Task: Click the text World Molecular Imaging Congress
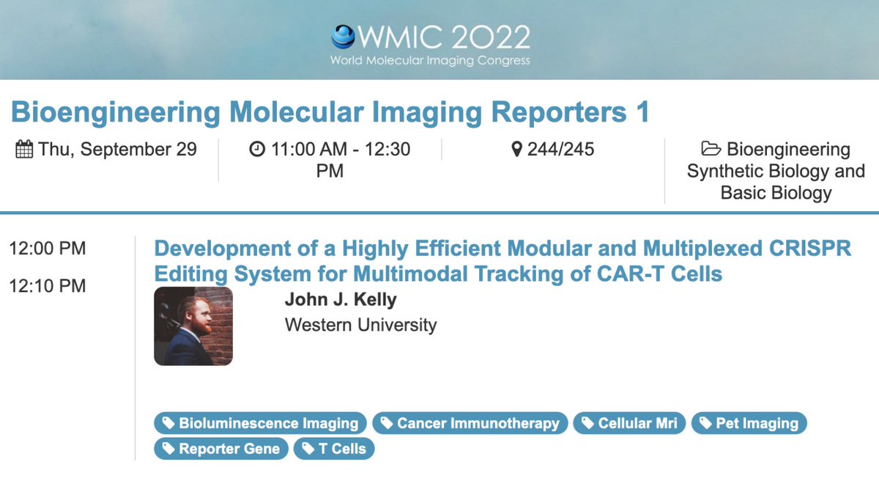[x=430, y=61]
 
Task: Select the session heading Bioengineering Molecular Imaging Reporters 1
[x=330, y=112]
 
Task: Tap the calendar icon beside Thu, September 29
[x=24, y=150]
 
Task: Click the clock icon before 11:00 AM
[x=257, y=150]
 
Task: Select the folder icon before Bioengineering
[x=711, y=150]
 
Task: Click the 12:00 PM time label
[x=47, y=249]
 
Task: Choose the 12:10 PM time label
[x=47, y=285]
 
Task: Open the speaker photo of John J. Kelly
[x=193, y=326]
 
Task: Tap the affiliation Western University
[x=360, y=324]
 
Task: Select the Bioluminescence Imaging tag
[x=260, y=423]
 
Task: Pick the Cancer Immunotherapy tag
[x=470, y=423]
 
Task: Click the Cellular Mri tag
[x=630, y=423]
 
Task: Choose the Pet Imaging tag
[x=749, y=423]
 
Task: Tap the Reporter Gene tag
[x=220, y=449]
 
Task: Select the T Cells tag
[x=334, y=449]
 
